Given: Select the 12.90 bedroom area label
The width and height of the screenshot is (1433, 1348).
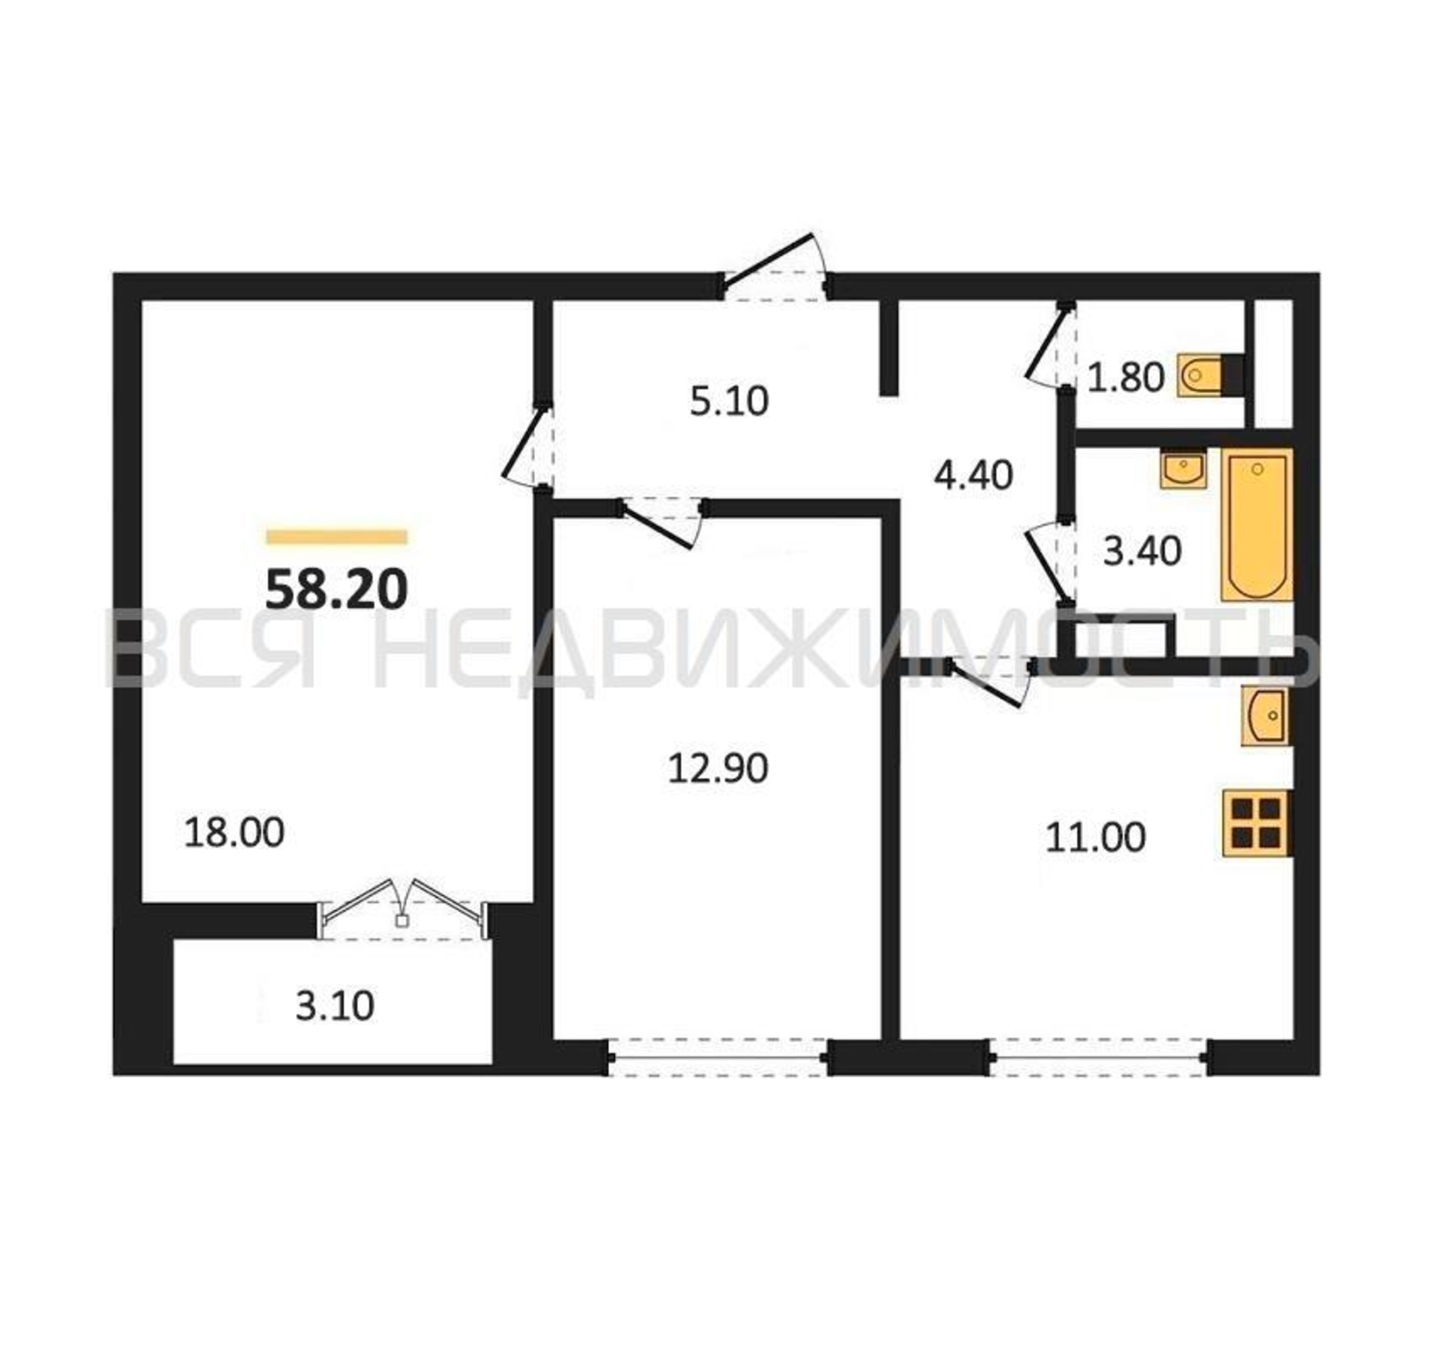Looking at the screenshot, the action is (x=718, y=768).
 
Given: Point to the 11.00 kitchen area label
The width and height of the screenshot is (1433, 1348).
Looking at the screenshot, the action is (x=1095, y=838).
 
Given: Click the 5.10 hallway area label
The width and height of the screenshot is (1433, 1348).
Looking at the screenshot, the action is (x=730, y=402).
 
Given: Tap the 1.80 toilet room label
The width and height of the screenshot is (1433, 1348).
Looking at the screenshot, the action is (x=1125, y=377).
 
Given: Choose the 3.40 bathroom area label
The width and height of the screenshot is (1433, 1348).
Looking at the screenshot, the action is (x=1142, y=552).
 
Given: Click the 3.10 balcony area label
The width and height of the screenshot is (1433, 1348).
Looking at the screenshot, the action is (x=334, y=1006).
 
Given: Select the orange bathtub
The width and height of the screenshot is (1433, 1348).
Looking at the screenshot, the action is (x=1257, y=525).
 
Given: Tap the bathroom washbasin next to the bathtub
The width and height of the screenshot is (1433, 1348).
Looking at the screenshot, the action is (x=1183, y=470).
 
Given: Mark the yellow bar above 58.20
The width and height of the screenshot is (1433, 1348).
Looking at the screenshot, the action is (x=337, y=537).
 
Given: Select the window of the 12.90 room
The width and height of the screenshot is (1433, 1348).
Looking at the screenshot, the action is (x=719, y=1058).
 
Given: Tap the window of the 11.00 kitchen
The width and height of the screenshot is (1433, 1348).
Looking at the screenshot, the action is (x=1100, y=1058).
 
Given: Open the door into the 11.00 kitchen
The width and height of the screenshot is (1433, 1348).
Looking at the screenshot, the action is (x=991, y=681).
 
